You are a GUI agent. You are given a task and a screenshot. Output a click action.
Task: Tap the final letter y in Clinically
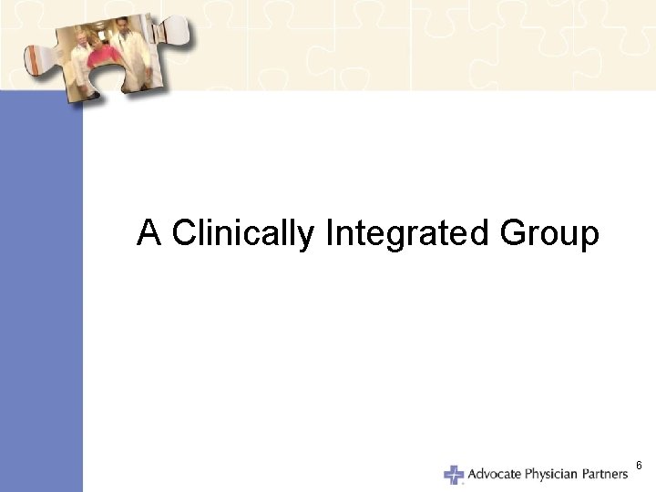(306, 239)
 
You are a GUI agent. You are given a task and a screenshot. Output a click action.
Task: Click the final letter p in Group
(589, 239)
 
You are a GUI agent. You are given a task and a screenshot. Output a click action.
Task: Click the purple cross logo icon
(453, 475)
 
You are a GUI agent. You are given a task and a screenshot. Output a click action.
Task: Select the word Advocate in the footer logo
(497, 474)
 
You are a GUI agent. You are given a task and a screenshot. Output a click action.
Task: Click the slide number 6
(639, 466)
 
